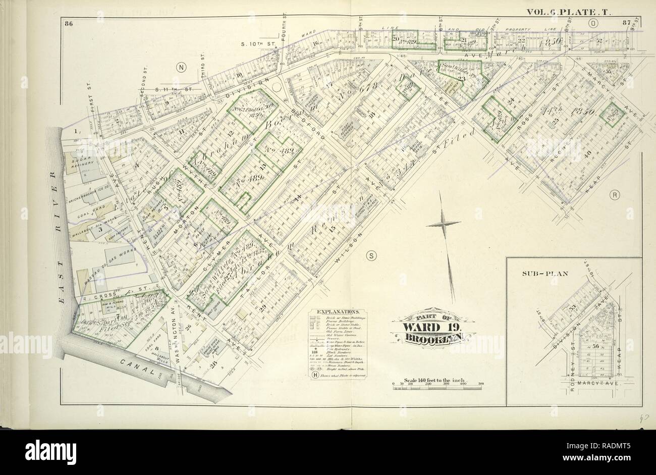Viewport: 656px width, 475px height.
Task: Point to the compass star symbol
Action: click(x=443, y=223)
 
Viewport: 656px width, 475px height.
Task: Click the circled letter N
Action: click(x=180, y=67)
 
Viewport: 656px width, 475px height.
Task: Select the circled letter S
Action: click(x=371, y=255)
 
